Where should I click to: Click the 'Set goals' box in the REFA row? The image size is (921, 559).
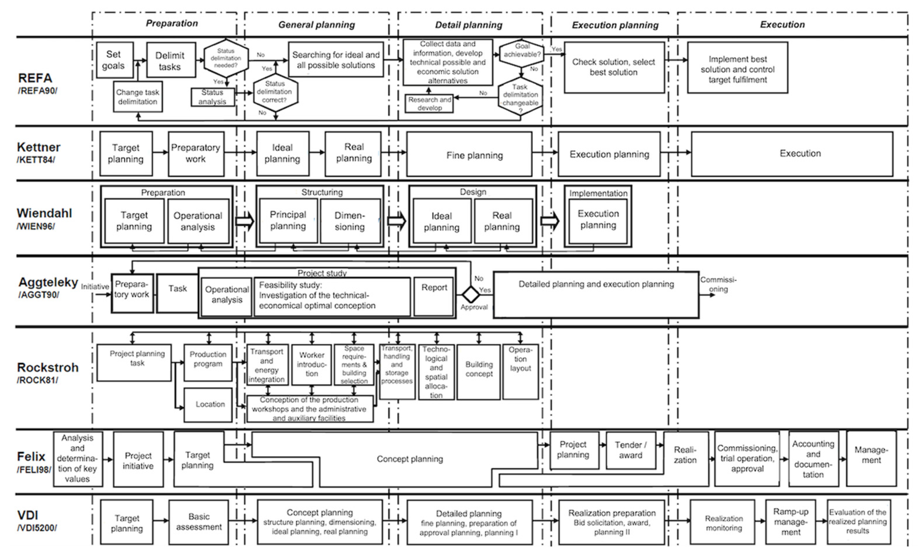tap(114, 60)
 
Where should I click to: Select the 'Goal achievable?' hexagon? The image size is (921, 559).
tap(522, 53)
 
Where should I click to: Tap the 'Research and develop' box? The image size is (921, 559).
tap(429, 104)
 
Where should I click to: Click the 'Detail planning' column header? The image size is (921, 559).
tap(468, 25)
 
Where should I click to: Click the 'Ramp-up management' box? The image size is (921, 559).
tap(790, 522)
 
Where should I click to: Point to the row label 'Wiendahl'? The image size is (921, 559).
tap(44, 213)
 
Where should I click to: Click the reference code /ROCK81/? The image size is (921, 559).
tap(37, 380)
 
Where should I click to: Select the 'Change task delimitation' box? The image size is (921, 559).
tap(138, 97)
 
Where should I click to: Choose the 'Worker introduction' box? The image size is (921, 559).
tap(311, 365)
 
